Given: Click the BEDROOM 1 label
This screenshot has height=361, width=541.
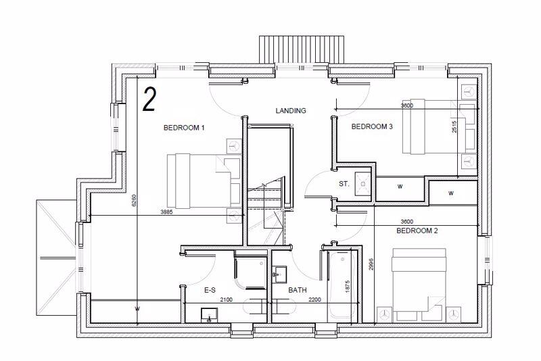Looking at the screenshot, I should click(x=184, y=127).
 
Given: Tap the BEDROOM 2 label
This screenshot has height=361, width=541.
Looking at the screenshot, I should click(x=417, y=231).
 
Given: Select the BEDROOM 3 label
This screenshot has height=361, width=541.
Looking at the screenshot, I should click(x=372, y=126).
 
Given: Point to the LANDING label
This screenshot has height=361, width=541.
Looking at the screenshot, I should click(x=291, y=111).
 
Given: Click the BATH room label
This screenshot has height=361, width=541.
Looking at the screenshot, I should click(x=298, y=291).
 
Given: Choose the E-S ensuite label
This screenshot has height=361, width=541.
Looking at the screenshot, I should click(x=210, y=291).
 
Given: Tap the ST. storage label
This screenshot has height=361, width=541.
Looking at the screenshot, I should click(x=344, y=184).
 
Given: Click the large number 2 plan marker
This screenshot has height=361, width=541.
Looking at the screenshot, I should click(x=149, y=99).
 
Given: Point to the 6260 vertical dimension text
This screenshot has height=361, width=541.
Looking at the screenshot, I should click(x=135, y=201).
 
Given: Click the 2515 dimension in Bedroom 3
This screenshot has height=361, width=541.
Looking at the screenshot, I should click(x=455, y=127).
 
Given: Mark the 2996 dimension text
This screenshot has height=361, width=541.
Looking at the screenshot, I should click(x=371, y=264).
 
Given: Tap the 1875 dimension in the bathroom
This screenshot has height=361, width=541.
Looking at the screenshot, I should click(x=348, y=286).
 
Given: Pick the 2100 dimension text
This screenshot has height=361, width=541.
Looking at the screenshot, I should click(x=227, y=299).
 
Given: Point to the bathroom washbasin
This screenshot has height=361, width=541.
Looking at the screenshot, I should click(x=281, y=274).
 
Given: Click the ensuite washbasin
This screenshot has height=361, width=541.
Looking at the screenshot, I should click(x=208, y=312).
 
